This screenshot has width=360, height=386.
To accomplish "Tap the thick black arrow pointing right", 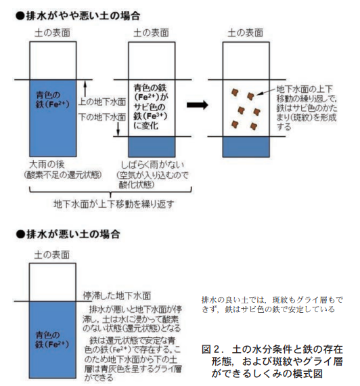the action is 198,105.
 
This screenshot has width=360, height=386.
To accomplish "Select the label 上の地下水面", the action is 102,102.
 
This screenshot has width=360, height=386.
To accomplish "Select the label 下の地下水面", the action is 102,116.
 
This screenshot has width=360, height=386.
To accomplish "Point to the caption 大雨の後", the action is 47,164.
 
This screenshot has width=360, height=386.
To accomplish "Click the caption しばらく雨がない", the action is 152,165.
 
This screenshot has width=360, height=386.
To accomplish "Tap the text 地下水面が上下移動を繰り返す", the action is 114,204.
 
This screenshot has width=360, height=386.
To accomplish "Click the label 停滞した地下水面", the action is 117,296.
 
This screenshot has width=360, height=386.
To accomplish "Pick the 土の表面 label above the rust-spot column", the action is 246,33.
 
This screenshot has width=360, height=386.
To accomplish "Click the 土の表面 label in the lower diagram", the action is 52,255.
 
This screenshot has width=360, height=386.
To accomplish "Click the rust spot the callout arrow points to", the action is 250,96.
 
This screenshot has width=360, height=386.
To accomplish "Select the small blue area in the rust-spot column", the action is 246,147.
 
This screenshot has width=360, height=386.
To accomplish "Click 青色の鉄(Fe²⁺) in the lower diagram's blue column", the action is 52,339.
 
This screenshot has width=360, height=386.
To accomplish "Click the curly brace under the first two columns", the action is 110,192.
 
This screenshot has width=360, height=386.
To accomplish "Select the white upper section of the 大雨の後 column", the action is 53,61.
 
